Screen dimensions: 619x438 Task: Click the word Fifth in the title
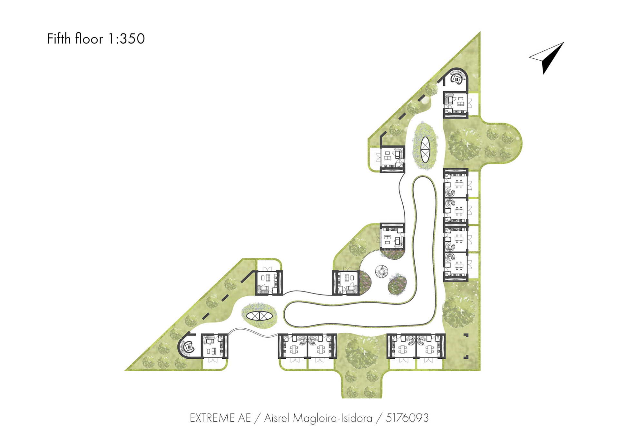(x=59, y=39)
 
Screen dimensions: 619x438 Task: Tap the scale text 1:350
(x=126, y=39)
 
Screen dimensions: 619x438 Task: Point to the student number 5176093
(x=407, y=418)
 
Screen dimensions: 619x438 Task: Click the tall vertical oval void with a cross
(x=425, y=150)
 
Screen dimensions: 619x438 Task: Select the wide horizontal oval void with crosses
(x=260, y=316)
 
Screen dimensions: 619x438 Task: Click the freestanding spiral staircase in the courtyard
(x=382, y=272)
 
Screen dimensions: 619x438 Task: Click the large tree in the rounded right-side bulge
(x=464, y=144)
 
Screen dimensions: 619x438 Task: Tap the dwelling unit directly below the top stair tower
(x=456, y=105)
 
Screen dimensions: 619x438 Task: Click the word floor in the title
(x=89, y=39)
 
